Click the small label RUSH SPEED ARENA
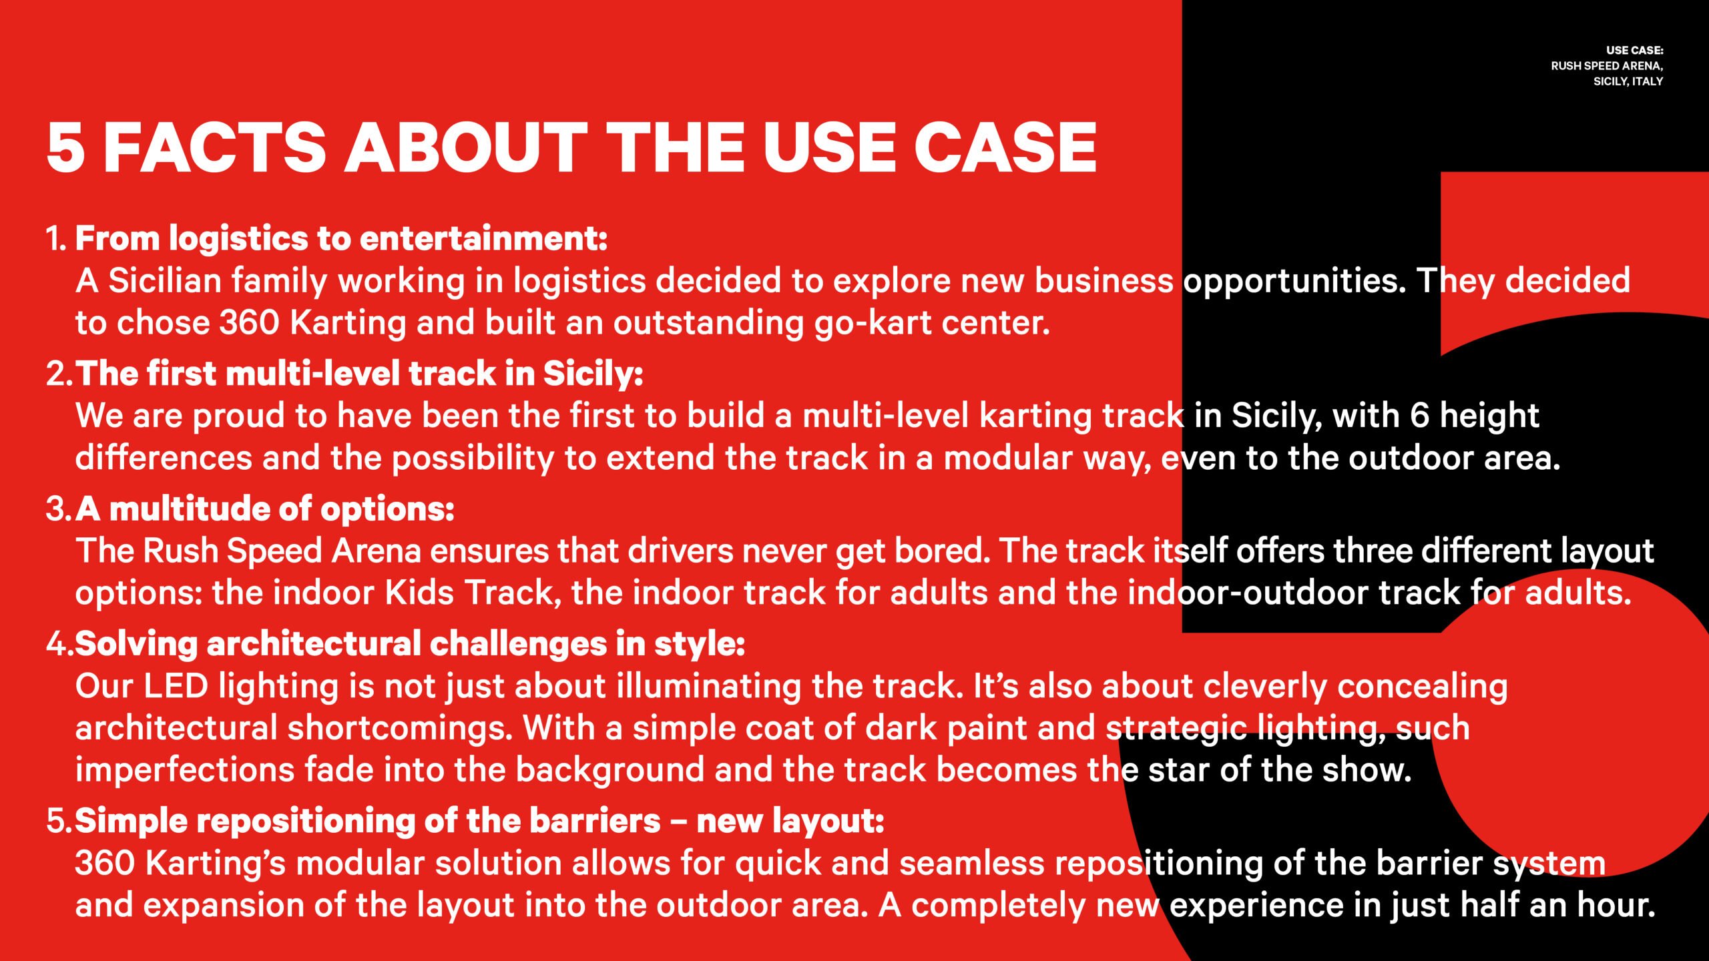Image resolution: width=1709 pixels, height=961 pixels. (1606, 66)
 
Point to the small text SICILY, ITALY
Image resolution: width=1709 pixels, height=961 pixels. (1628, 81)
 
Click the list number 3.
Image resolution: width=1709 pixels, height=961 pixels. (58, 509)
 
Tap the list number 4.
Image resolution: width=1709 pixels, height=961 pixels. (59, 644)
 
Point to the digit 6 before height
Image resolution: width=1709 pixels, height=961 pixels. (1419, 415)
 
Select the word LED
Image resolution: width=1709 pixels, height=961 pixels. (176, 687)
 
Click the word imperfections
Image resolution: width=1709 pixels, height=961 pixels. (185, 771)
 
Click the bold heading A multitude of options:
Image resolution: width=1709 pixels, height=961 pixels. (265, 509)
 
